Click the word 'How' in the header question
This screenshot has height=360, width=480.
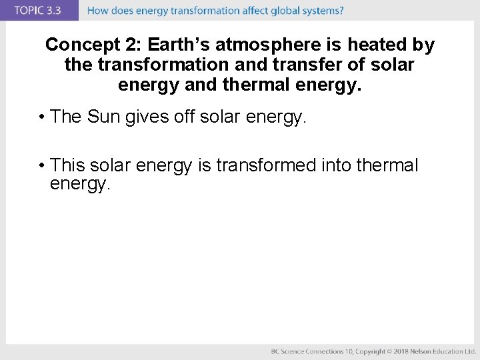tap(98, 11)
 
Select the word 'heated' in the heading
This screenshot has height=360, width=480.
tap(377, 45)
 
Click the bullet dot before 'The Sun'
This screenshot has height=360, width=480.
tap(41, 117)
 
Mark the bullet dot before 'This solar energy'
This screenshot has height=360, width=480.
tap(41, 165)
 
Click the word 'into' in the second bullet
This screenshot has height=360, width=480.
tap(337, 165)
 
